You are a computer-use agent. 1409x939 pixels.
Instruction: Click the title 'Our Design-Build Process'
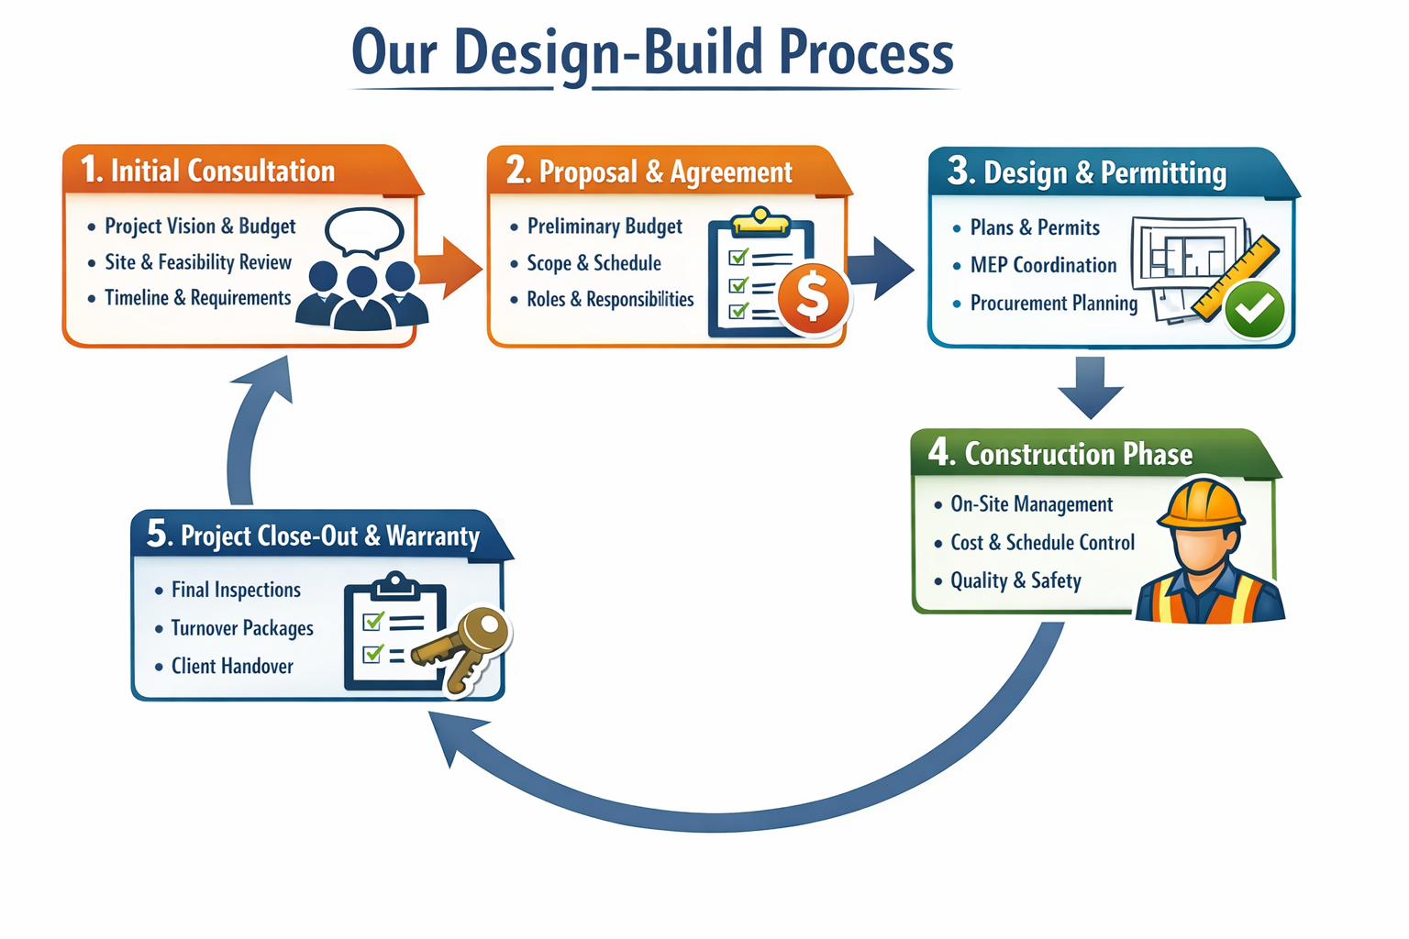click(652, 53)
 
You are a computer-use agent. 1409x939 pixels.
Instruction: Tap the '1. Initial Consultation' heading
click(208, 171)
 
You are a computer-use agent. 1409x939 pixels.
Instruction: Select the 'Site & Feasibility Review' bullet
click(198, 262)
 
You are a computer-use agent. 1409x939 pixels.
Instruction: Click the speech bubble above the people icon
click(364, 231)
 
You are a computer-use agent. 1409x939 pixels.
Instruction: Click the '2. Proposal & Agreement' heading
click(649, 171)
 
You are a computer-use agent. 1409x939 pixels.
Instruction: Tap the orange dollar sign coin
click(812, 297)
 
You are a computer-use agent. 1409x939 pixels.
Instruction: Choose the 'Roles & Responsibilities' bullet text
click(610, 299)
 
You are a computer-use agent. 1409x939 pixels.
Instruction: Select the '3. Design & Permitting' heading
click(1087, 172)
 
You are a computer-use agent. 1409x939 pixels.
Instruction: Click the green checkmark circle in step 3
click(1254, 309)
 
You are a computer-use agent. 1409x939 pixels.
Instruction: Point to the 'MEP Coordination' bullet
click(1043, 265)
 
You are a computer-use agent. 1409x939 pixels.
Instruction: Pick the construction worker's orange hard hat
click(1201, 504)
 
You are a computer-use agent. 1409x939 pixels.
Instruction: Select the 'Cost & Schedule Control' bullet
click(1042, 543)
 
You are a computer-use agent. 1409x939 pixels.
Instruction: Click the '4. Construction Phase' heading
click(1061, 454)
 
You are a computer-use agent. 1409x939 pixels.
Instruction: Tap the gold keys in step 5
click(463, 647)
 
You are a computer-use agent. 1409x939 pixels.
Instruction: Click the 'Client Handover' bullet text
click(232, 667)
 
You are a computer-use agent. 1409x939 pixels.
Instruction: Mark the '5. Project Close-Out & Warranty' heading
click(314, 535)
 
